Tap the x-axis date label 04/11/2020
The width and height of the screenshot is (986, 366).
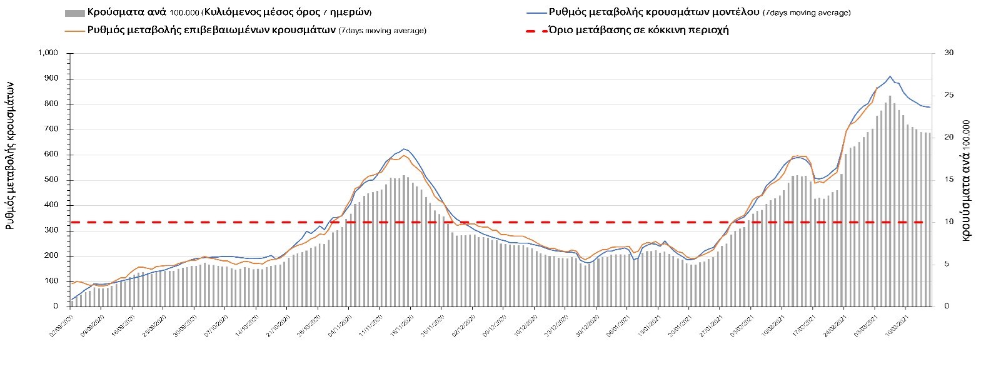click(340, 325)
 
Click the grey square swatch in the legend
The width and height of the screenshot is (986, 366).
click(74, 13)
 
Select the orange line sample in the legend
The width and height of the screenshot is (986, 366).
click(74, 30)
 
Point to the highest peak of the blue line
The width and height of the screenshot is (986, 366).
click(890, 76)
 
